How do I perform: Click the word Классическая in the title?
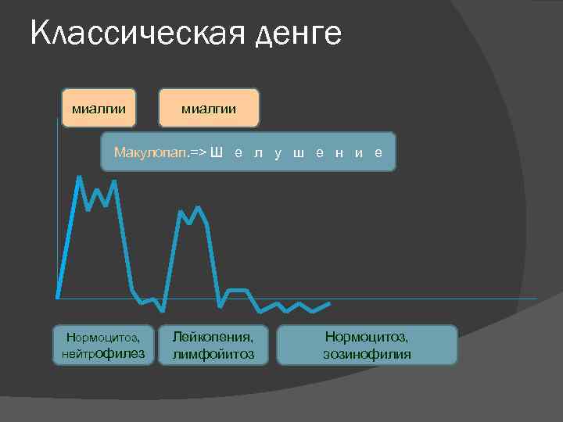(x=125, y=34)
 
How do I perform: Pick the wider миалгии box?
(x=209, y=107)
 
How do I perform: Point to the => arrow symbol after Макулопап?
(x=197, y=152)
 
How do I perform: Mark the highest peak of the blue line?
(x=79, y=177)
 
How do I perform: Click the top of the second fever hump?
(x=198, y=207)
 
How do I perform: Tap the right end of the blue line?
(x=330, y=302)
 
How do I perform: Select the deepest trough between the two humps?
(x=162, y=310)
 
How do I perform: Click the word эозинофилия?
(x=367, y=355)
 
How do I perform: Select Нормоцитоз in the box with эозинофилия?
(x=367, y=337)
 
